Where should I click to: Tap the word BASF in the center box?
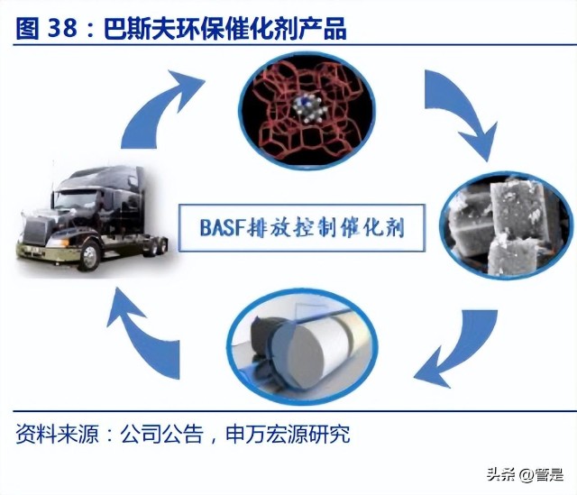click(223, 227)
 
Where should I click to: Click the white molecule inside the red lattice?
click(308, 108)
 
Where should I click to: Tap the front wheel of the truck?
click(88, 256)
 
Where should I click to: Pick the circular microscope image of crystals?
click(508, 225)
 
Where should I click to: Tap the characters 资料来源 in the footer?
click(58, 434)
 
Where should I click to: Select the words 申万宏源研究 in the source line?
click(288, 434)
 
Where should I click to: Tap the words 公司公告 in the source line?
click(162, 434)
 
